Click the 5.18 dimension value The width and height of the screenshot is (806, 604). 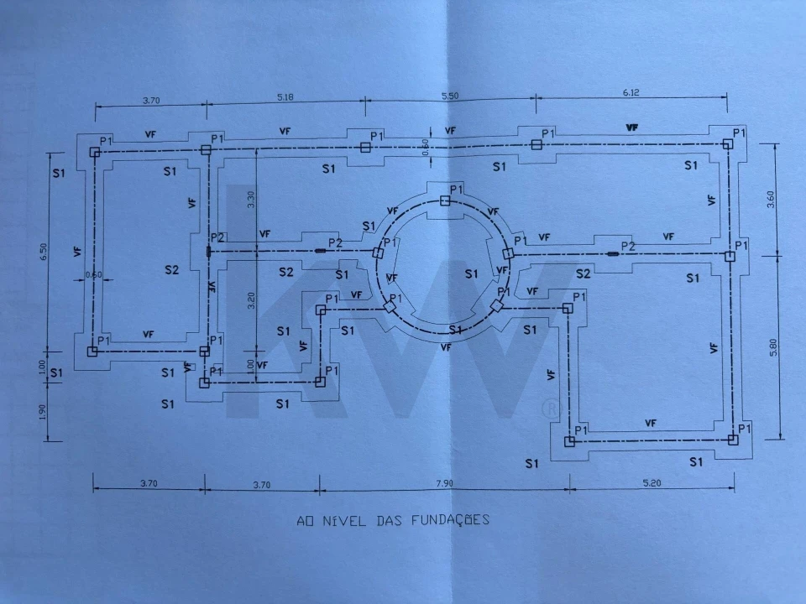pyautogui.click(x=285, y=98)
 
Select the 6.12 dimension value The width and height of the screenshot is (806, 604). pyautogui.click(x=631, y=93)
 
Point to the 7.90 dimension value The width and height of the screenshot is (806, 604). pyautogui.click(x=443, y=483)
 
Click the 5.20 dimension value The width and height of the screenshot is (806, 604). pyautogui.click(x=651, y=483)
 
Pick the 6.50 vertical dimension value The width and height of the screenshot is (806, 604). pyautogui.click(x=44, y=253)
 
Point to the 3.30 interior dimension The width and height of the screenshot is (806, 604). pyautogui.click(x=249, y=199)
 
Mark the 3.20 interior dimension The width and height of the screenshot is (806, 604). pyautogui.click(x=249, y=300)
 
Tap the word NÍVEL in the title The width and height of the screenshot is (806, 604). pyautogui.click(x=338, y=520)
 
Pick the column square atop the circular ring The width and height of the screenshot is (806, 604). pyautogui.click(x=445, y=200)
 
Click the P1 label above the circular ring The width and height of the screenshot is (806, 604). pyautogui.click(x=457, y=190)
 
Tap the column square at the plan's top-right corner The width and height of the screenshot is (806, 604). pyautogui.click(x=728, y=144)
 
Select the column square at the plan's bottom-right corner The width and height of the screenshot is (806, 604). pyautogui.click(x=732, y=439)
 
